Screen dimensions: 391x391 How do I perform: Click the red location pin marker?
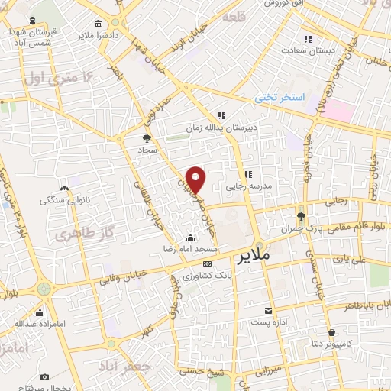pos(196,178)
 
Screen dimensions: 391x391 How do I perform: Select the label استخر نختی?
pos(280,97)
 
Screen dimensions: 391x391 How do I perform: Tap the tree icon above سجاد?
pos(147,138)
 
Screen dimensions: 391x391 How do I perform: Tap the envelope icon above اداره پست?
pos(268,311)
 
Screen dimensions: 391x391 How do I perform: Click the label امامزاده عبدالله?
pos(38,324)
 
